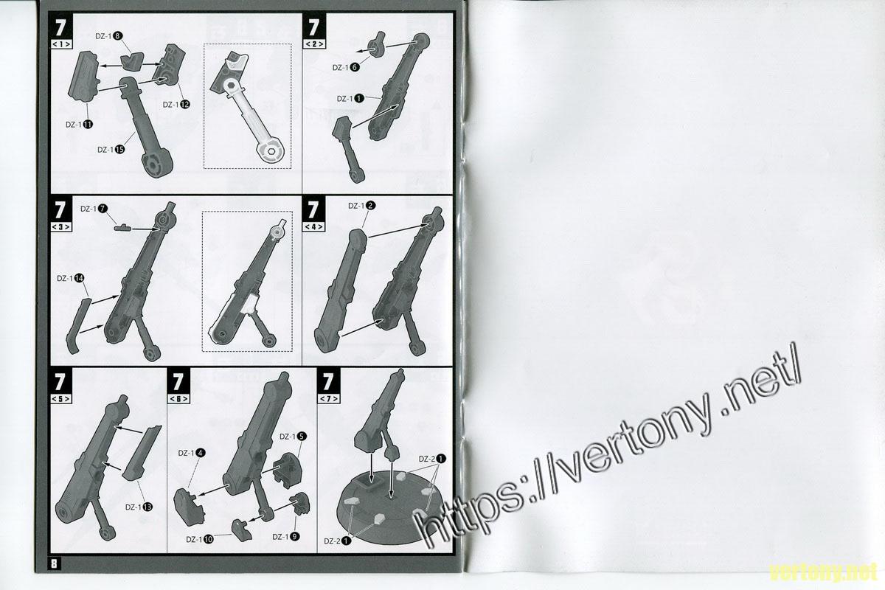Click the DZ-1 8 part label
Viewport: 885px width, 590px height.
109,36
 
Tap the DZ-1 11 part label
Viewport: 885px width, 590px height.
80,125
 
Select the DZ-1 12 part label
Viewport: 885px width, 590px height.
176,105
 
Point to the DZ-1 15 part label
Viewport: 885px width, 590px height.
111,150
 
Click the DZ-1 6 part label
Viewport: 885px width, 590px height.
346,68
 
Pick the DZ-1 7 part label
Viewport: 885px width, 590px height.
94,209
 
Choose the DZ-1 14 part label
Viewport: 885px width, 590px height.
71,279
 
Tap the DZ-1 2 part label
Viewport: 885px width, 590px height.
362,206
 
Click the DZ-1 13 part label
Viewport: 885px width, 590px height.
139,507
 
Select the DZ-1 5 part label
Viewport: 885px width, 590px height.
294,437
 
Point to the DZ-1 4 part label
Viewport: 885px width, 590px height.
192,454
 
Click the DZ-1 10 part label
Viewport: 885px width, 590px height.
200,539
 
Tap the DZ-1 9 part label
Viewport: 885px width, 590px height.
286,537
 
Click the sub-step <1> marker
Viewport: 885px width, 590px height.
61,44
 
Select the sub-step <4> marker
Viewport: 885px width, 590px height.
313,227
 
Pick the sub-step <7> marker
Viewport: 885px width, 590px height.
329,399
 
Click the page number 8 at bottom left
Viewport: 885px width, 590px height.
54,563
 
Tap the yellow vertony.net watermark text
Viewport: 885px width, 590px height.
823,572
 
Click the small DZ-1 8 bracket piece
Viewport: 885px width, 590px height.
132,62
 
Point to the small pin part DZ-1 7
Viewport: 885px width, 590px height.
122,227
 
